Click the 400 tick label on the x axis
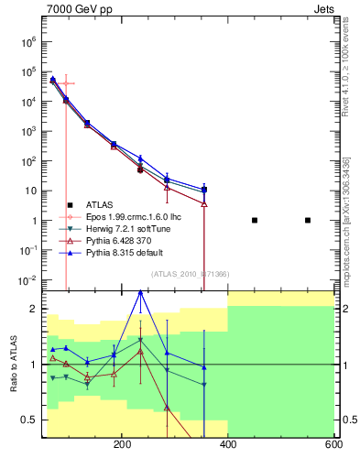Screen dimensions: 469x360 pyautogui.click(x=228, y=444)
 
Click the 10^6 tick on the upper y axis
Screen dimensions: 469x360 pyautogui.click(x=27, y=41)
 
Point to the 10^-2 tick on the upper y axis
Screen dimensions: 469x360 pyautogui.click(x=27, y=280)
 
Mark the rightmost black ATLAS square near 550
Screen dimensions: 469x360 pyautogui.click(x=308, y=220)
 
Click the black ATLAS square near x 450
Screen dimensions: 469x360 pyautogui.click(x=255, y=220)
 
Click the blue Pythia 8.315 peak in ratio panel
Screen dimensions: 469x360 pyautogui.click(x=140, y=292)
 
